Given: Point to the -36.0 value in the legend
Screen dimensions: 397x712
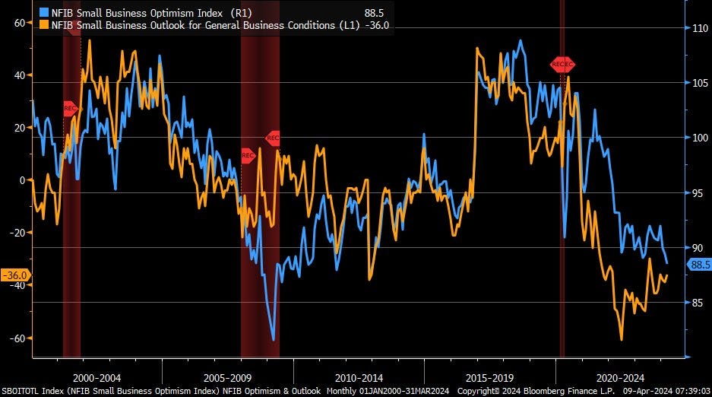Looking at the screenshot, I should (x=378, y=25).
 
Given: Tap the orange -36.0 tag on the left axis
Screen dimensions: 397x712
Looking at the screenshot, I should (x=15, y=275).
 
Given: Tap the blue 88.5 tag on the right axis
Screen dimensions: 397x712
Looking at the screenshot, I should (x=699, y=265).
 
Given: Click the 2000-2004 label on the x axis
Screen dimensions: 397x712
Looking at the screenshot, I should (x=97, y=377).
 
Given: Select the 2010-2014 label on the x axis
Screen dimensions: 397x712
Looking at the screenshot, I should (x=359, y=377).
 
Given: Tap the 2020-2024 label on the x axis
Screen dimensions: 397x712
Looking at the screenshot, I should (x=620, y=377).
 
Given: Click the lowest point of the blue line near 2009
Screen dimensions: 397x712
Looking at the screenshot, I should (x=273, y=340).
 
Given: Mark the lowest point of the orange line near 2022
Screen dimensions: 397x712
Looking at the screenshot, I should (x=622, y=340).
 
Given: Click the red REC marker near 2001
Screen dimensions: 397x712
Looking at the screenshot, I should (x=70, y=109).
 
